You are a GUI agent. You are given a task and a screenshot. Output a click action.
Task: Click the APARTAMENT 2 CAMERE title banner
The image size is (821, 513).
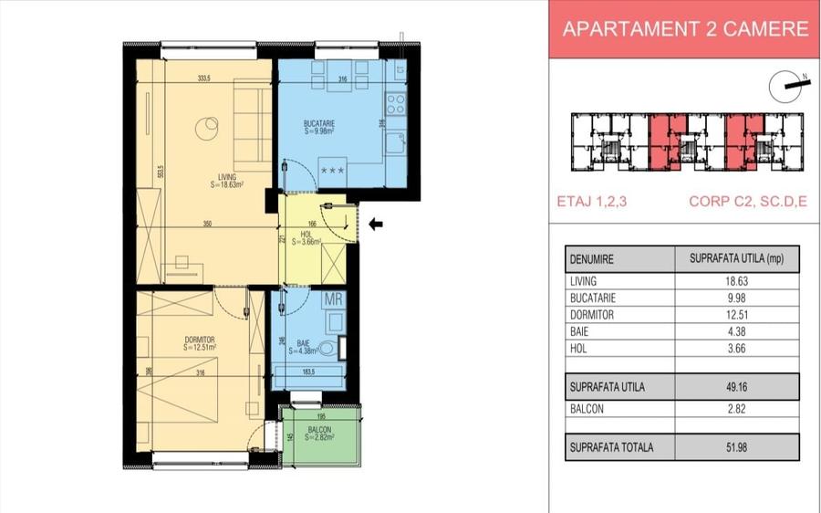click(x=685, y=29)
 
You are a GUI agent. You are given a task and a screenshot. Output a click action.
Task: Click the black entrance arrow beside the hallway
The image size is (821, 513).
click(x=376, y=224)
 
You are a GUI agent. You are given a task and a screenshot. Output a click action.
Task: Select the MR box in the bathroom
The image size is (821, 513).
click(x=334, y=298)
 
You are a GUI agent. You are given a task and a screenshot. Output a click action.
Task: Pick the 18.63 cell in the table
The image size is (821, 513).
click(x=736, y=282)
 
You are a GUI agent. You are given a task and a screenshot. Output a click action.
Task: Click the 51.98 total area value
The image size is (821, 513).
click(x=736, y=448)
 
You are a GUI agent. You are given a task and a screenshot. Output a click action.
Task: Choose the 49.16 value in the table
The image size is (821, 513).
click(x=736, y=387)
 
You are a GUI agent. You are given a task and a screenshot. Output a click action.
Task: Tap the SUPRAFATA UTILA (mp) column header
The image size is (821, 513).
click(x=736, y=259)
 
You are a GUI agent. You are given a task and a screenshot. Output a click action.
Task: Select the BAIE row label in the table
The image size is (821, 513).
click(x=579, y=331)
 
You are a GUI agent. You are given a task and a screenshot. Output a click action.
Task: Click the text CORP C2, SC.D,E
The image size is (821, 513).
click(x=748, y=203)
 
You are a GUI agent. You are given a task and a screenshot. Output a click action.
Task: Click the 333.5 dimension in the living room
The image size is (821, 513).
click(x=208, y=79)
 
